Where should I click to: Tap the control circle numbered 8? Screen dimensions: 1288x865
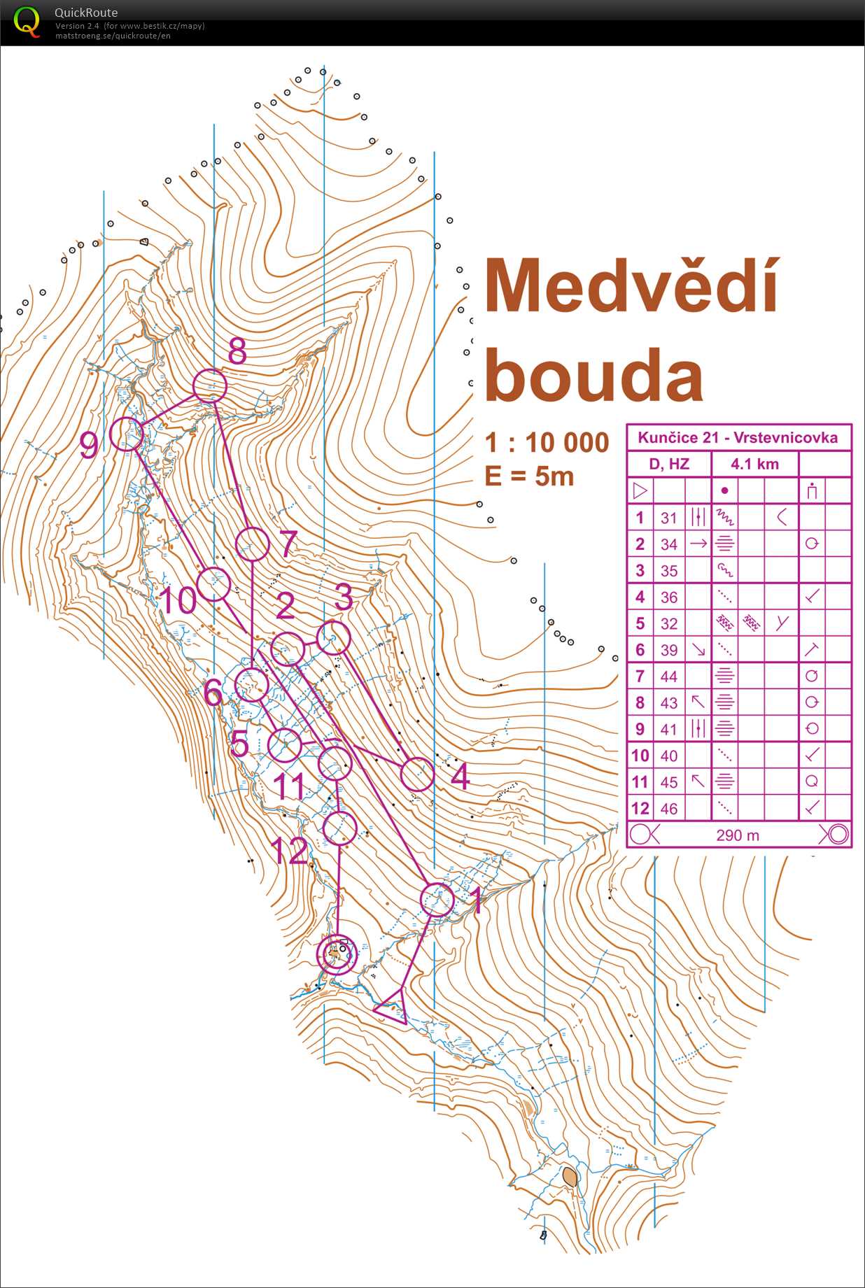pos(210,386)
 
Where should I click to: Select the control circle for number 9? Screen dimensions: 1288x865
pos(127,434)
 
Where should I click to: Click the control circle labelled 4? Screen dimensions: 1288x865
pos(417,774)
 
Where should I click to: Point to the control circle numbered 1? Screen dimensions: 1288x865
pos(437,900)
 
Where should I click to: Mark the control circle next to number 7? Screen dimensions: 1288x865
pos(252,544)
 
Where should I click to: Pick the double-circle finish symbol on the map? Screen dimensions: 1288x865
pos(337,954)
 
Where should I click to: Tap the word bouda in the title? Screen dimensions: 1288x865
pos(593,376)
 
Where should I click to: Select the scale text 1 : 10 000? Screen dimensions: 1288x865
pos(547,443)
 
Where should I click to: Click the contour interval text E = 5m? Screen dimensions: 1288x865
pos(529,476)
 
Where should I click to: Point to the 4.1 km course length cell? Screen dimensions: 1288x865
pos(754,464)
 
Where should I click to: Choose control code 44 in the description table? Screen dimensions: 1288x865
pos(669,677)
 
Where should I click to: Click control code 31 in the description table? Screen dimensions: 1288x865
pos(669,518)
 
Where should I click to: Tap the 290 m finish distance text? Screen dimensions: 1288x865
pos(738,835)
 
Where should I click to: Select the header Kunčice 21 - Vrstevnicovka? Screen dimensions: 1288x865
pos(738,438)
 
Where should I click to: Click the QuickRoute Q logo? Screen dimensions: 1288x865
pos(27,22)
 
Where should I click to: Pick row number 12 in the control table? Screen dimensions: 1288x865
pos(640,809)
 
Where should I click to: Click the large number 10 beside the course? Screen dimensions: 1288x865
pos(178,600)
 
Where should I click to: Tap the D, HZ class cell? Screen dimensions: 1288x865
pos(669,464)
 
